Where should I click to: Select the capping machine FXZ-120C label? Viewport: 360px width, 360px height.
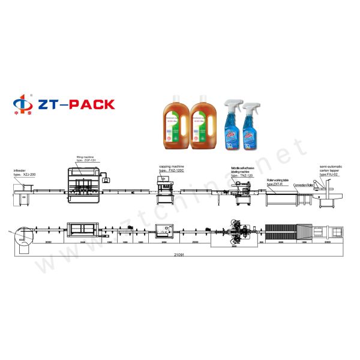[x=173, y=169]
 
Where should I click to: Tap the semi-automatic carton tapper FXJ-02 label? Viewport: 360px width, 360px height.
[x=332, y=168]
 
